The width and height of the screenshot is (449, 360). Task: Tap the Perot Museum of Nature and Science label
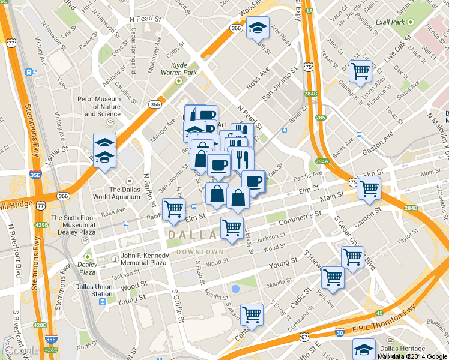tap(102, 106)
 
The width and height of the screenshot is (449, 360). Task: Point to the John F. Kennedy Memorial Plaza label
tap(143, 259)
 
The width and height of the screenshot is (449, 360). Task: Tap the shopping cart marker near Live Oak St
tap(360, 71)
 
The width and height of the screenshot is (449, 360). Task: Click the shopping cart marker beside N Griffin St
tap(173, 209)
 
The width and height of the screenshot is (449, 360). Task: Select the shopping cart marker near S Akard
tap(252, 314)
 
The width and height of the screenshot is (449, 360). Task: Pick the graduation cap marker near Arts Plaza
tap(258, 28)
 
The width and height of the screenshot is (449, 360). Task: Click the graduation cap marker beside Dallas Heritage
tap(364, 349)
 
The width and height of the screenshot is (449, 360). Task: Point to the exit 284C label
tap(310, 94)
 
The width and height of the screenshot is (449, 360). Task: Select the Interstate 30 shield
tap(340, 332)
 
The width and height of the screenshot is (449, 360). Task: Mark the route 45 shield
tap(379, 313)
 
